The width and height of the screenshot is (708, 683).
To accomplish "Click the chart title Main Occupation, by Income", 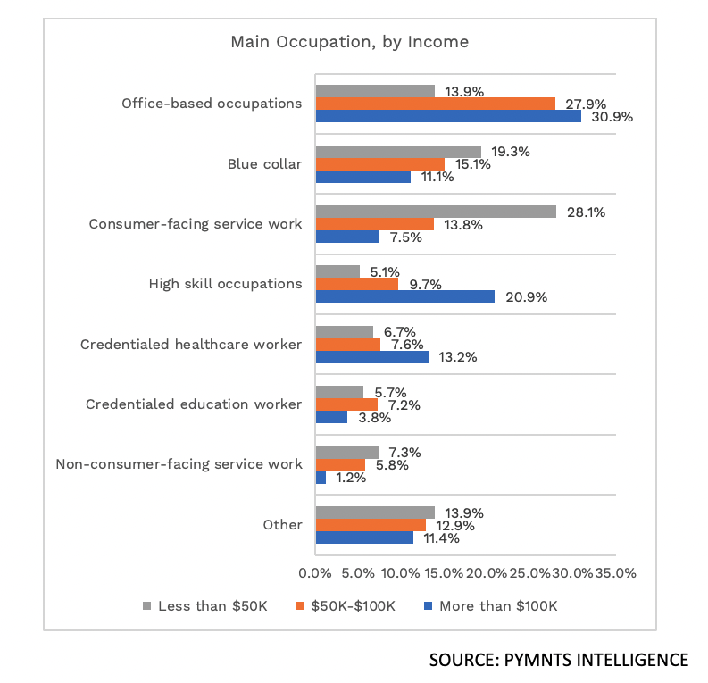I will [349, 42].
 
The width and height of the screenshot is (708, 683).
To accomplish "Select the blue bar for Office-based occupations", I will [448, 116].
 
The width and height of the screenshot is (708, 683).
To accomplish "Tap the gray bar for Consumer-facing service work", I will [436, 212].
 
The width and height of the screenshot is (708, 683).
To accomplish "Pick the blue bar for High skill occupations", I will [404, 296].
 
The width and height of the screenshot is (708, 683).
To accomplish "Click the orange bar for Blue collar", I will [379, 163].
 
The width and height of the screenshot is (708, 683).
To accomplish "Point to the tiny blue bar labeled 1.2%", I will [321, 478].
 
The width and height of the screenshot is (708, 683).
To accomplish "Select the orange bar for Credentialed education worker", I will [346, 404].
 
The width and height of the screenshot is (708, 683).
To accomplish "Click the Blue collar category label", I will [264, 163].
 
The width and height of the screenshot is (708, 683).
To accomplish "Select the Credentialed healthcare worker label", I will [191, 344].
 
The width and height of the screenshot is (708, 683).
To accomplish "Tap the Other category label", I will [282, 525].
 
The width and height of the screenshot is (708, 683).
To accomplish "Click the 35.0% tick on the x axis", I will [615, 573].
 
